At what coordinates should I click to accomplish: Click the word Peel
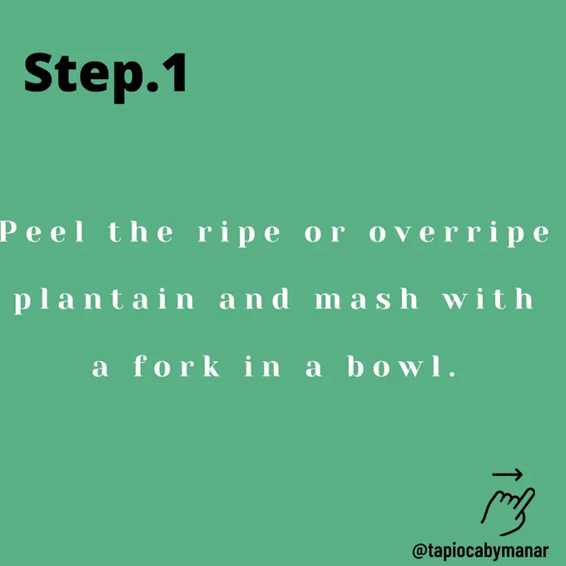42,231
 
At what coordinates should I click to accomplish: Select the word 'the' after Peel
141,231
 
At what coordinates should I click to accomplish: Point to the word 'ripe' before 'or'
239,234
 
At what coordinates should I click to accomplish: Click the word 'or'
325,234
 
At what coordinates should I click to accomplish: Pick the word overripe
459,234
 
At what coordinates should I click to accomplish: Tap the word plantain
104,300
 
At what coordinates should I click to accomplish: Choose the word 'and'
255,299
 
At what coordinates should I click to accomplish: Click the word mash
366,299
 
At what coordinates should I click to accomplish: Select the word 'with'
488,299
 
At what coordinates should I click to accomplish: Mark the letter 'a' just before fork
101,369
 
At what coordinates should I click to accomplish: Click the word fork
176,366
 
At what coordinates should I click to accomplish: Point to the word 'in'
262,366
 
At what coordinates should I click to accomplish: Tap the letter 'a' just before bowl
314,369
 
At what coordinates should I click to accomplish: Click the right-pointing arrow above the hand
507,474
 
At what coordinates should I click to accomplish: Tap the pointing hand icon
508,511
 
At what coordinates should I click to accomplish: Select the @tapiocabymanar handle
480,551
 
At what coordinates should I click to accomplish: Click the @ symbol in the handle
420,551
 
